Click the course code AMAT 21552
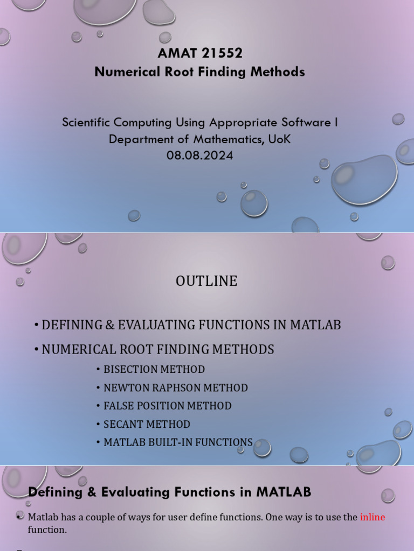tap(200, 53)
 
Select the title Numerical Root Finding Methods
tap(200, 72)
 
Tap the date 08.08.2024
tap(200, 156)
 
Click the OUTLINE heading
tap(206, 281)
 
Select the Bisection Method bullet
tap(154, 369)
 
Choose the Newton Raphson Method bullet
tap(175, 387)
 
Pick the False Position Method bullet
tap(167, 406)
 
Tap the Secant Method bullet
tap(147, 424)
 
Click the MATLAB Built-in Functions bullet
tap(178, 442)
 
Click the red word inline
tap(372, 517)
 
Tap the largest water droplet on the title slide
tap(364, 179)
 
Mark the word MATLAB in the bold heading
tap(284, 492)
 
